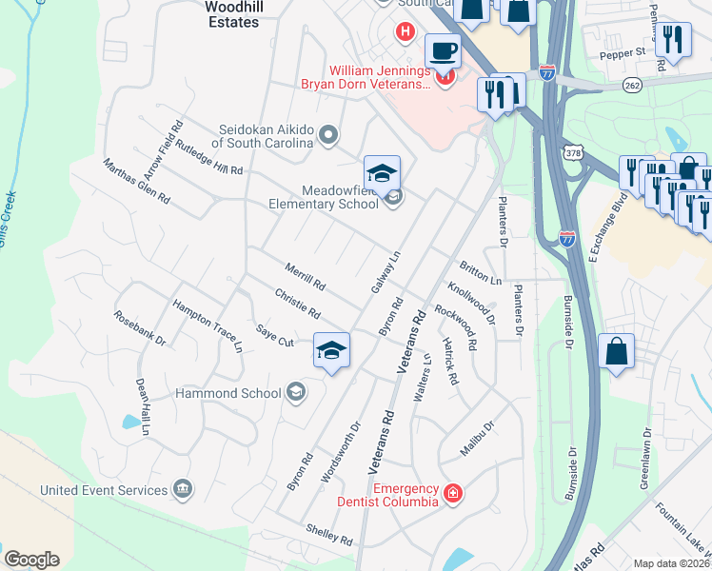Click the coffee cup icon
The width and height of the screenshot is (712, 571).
point(442,49)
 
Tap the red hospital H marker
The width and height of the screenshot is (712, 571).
point(405,32)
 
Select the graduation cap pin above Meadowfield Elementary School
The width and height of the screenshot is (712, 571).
point(382,172)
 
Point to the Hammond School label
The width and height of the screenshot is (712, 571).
point(227,392)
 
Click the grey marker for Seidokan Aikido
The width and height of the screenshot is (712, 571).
point(329,135)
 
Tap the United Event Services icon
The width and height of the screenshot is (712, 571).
point(183,490)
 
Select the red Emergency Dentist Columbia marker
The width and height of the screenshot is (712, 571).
point(454,494)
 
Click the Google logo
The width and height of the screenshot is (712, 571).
point(31,560)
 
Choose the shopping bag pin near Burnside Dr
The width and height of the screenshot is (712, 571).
point(617,349)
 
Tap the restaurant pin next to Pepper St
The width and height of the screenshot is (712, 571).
point(673,39)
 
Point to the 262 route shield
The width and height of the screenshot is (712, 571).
point(632,85)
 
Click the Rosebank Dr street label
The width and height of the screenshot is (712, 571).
point(140,328)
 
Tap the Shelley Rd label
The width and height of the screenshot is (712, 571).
point(329,534)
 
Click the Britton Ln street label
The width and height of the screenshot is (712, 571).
point(480,274)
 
